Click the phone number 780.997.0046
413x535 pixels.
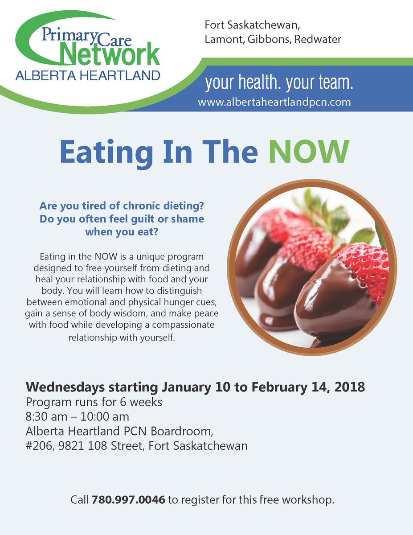tap(129, 500)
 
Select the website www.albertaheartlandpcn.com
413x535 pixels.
tap(274, 102)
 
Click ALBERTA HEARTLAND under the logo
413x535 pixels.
tap(87, 76)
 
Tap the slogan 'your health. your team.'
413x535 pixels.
tap(279, 83)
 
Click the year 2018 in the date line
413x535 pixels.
tap(350, 387)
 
